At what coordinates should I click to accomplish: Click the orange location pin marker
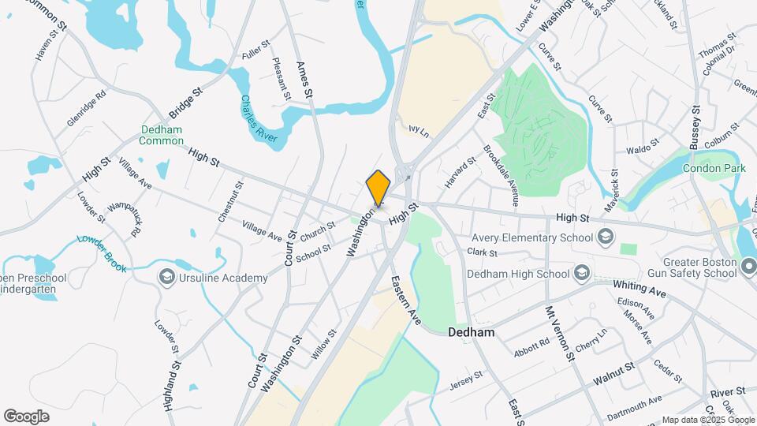click(378, 189)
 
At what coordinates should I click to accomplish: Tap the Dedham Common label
click(161, 135)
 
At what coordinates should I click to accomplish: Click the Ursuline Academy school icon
click(167, 276)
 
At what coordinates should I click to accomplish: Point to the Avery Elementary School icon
click(605, 237)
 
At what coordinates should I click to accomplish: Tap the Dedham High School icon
click(581, 273)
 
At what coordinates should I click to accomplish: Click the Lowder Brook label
click(102, 253)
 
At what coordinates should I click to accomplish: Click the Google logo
click(26, 416)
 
